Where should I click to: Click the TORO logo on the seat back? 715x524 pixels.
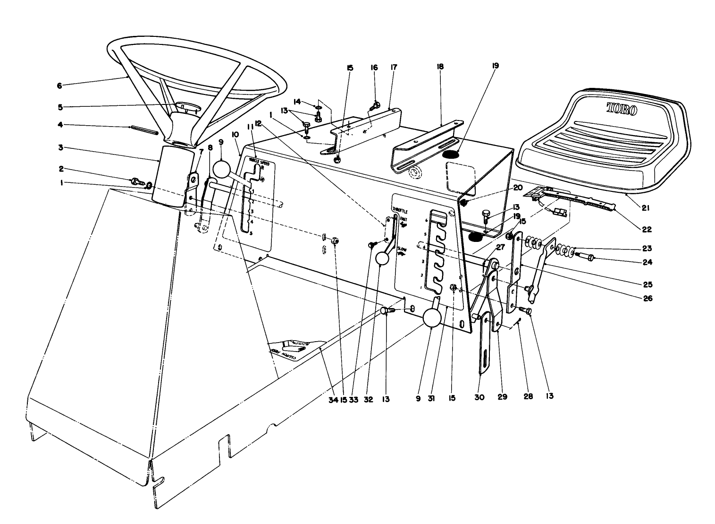coord(621,110)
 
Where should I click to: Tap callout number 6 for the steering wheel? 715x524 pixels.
coord(59,86)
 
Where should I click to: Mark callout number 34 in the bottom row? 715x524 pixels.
coord(333,399)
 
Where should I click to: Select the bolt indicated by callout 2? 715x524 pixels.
coord(136,181)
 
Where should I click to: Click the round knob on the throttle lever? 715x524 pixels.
coord(382,258)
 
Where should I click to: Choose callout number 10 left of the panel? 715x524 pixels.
coord(236,135)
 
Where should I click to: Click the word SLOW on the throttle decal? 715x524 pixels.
coord(401,249)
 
